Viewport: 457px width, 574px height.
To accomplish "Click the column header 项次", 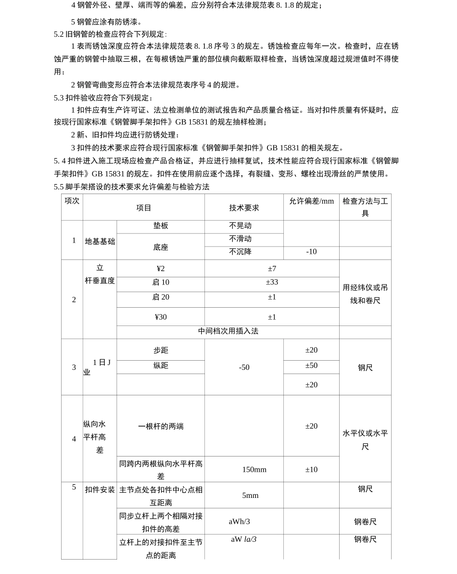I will (x=72, y=201).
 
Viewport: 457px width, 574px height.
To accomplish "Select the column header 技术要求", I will (x=244, y=208).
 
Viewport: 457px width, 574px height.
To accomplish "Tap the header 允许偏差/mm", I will (x=311, y=201).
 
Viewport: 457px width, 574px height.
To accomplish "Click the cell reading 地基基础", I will (x=100, y=241).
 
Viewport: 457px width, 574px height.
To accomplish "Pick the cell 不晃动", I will (x=241, y=226).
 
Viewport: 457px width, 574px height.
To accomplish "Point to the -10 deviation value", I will (x=311, y=252).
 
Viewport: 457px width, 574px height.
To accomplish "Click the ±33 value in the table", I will (x=272, y=282).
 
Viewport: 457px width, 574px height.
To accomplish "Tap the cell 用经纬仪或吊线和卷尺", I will (x=365, y=294).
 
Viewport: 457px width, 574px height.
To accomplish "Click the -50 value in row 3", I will (x=244, y=367).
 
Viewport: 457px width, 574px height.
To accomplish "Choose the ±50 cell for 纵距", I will (x=311, y=365).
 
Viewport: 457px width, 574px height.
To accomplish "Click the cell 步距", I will (x=161, y=350).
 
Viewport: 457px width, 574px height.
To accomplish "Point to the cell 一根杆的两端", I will (x=161, y=426).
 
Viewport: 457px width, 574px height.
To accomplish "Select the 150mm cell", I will (x=254, y=470).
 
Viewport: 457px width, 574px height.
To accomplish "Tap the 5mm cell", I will (x=250, y=496).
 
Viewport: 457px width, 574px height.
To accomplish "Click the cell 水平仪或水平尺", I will (x=365, y=440).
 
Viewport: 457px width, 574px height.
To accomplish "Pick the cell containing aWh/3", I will (x=239, y=522).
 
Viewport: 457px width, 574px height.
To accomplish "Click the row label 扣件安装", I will (x=100, y=490).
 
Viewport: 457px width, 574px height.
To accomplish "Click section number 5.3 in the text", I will (x=59, y=98).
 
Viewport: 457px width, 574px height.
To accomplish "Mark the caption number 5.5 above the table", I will (x=59, y=187).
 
